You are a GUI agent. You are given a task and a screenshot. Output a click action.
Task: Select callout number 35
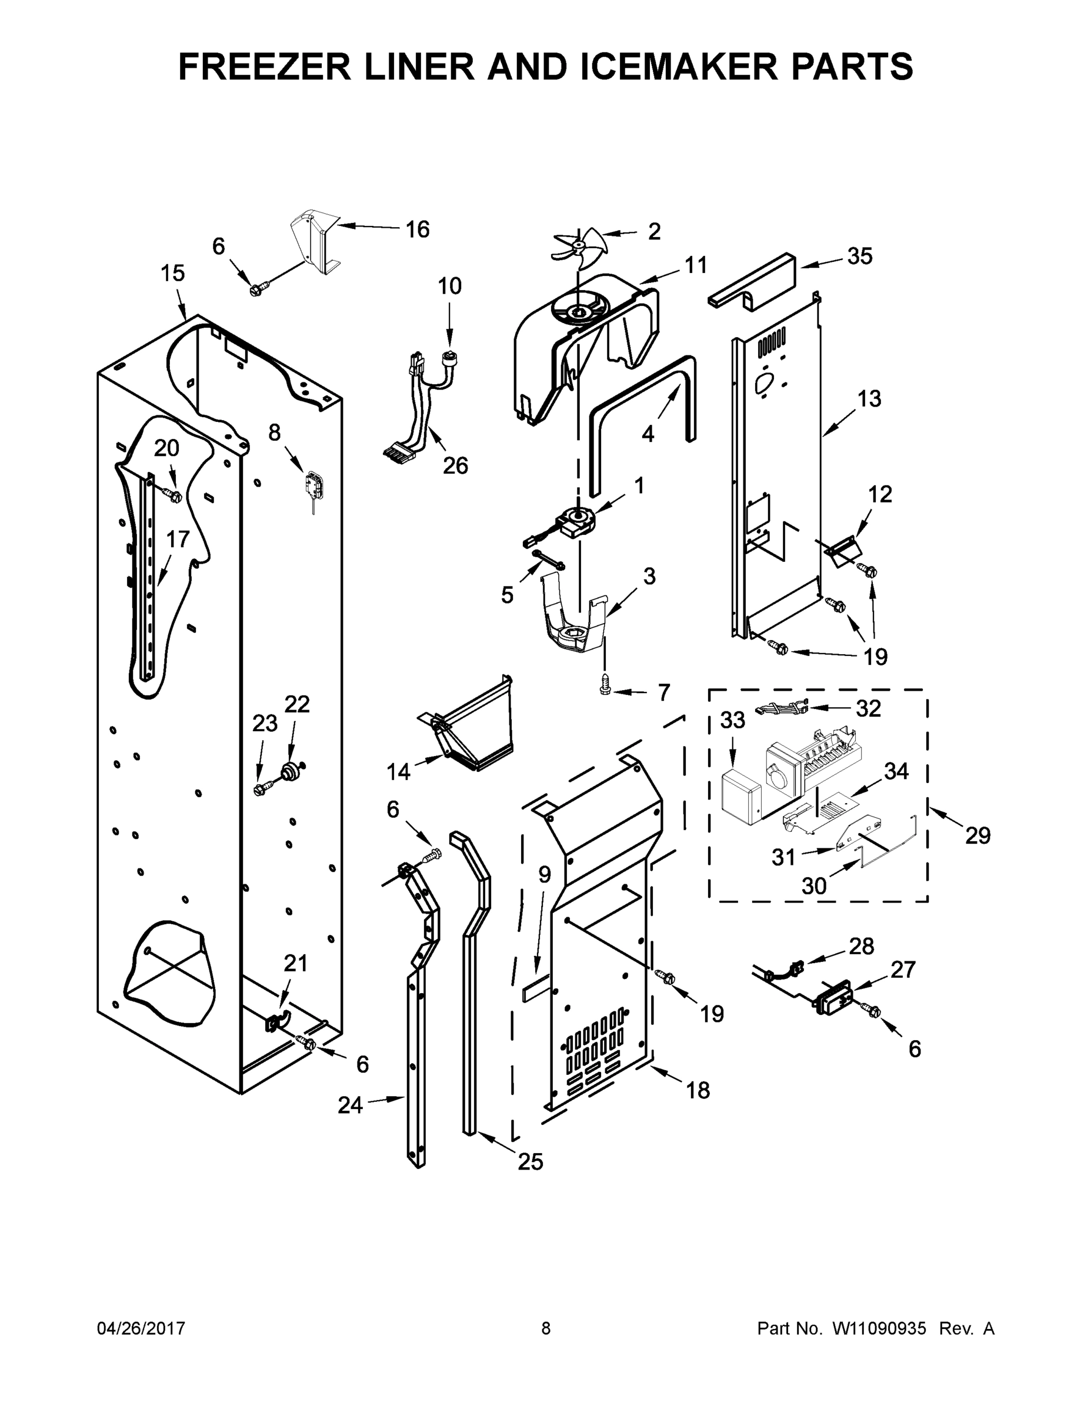(860, 256)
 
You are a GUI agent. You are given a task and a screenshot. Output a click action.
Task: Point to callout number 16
(418, 229)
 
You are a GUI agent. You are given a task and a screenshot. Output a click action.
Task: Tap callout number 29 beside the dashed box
(977, 835)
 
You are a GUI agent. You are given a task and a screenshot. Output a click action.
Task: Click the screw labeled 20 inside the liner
(174, 495)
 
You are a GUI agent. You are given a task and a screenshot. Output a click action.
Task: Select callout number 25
(530, 1162)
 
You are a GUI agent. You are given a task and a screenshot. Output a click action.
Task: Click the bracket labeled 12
(843, 551)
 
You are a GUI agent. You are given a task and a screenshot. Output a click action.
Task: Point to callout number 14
(398, 771)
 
